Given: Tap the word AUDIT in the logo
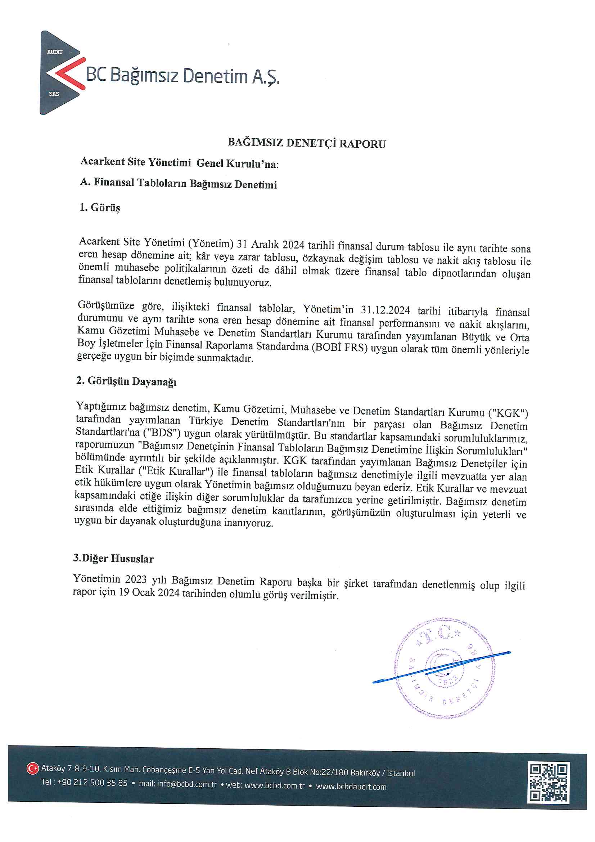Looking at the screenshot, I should pos(55,52).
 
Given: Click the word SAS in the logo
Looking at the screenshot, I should pos(54,94).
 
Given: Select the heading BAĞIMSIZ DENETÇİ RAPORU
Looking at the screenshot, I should pos(306,143).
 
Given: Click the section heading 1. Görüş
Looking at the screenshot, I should pos(100,207).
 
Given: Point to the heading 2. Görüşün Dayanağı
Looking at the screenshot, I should pos(126,381).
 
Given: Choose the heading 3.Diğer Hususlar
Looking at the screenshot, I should pos(113,559).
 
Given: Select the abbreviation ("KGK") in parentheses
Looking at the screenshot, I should pos(508,414).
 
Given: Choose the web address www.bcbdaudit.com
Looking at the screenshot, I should pos(351,787).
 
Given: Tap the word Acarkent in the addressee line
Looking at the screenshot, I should pos(102,162).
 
